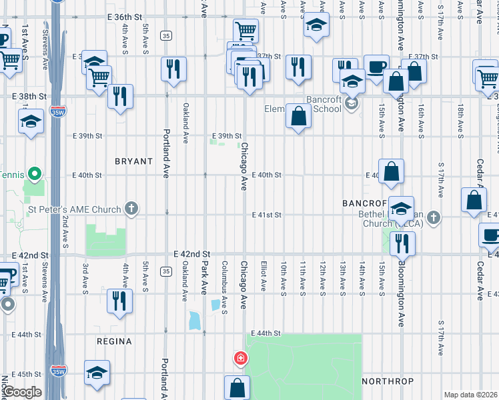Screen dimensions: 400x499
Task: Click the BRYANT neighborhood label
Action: (133, 161)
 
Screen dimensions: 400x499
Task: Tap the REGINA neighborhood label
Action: (113, 341)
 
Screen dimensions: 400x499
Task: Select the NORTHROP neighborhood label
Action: (387, 382)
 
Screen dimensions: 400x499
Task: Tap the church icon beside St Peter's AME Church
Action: (132, 209)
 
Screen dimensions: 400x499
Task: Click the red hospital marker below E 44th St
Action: (240, 359)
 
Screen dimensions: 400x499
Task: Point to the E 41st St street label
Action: (267, 215)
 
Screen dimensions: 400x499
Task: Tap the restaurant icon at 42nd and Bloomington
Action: (401, 242)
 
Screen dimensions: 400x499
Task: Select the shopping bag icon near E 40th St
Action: (392, 171)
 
